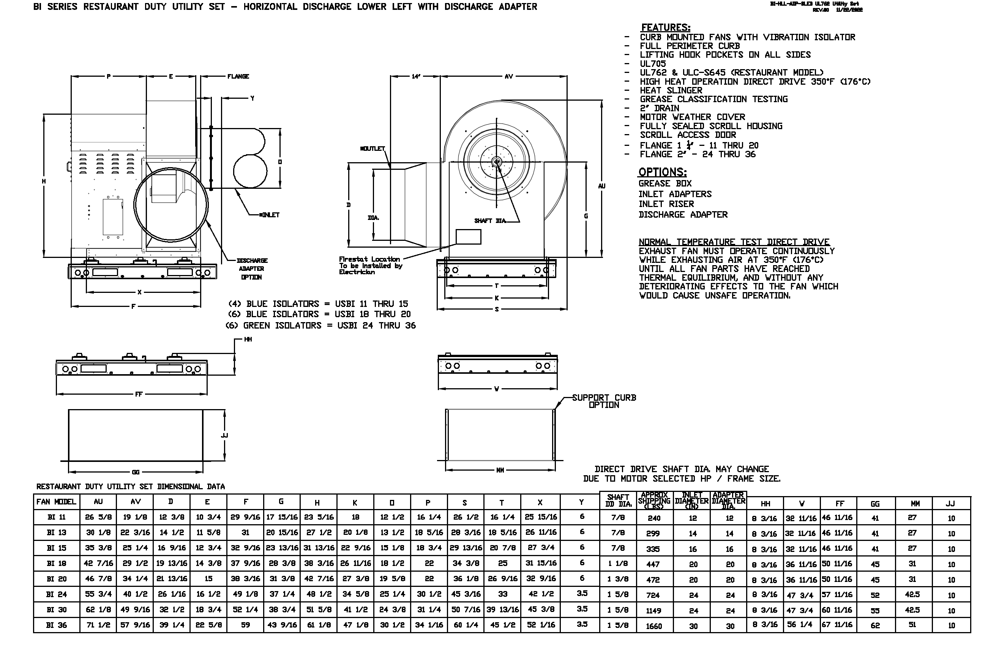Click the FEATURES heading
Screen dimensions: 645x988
(x=666, y=27)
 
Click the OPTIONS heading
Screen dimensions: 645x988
(x=662, y=172)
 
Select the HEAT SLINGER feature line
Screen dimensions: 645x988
(x=671, y=90)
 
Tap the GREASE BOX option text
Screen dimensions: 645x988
(x=664, y=183)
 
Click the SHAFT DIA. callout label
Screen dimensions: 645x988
(x=490, y=221)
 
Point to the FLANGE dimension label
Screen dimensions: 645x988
(x=238, y=76)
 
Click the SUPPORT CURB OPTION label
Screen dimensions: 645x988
(x=604, y=401)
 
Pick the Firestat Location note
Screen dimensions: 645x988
(x=369, y=266)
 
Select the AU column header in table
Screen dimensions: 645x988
(x=98, y=502)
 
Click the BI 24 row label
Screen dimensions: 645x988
(x=57, y=594)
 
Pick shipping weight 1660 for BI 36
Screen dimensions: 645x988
(x=654, y=626)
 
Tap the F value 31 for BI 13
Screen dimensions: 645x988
(x=245, y=533)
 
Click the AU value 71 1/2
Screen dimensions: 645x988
(x=98, y=625)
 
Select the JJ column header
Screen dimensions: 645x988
(x=950, y=504)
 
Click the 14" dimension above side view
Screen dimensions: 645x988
(x=416, y=76)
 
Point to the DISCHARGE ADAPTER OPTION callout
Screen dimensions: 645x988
(x=252, y=269)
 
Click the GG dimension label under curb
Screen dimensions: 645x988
(x=135, y=472)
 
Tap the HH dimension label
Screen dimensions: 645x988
(x=248, y=339)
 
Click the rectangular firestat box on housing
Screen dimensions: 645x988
(x=468, y=237)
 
